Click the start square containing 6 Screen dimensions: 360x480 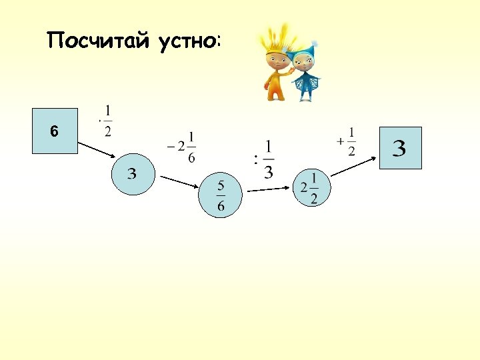click(55, 132)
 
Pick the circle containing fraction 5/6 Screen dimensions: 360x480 click(221, 195)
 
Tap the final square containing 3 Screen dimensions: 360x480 click(400, 148)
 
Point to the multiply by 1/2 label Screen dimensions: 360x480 click(105, 121)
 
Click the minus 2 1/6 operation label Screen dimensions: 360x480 click(183, 147)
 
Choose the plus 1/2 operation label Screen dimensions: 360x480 click(347, 141)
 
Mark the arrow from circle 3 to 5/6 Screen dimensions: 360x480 click(177, 182)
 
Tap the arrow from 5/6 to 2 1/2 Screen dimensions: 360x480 click(270, 189)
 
